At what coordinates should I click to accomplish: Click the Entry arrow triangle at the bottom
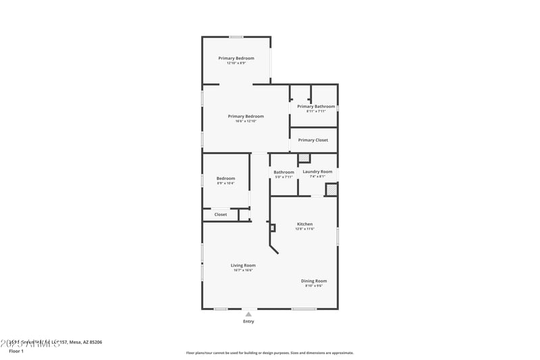tap(248, 314)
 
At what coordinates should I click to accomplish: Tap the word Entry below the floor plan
tap(248, 322)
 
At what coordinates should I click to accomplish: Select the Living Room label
tap(243, 265)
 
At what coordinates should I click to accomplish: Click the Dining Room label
tap(314, 281)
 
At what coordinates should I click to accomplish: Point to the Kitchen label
tap(305, 224)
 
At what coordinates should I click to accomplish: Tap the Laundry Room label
tap(317, 172)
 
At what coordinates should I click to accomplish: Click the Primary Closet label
tap(313, 140)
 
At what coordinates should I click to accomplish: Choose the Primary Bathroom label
tap(316, 106)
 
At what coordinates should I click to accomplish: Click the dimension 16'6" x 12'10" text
tap(246, 122)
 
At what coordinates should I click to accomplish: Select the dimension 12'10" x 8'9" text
tap(236, 63)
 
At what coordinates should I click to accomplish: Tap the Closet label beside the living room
tap(221, 215)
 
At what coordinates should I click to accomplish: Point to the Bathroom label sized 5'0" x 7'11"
tap(283, 172)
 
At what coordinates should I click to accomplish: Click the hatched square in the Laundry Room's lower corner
tap(331, 190)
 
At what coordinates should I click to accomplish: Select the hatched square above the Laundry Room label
tap(304, 158)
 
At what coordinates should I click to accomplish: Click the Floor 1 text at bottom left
tap(16, 351)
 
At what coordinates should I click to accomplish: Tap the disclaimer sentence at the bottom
tap(270, 353)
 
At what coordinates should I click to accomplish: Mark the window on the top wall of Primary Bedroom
tap(236, 36)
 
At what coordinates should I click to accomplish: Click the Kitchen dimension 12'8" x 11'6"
tap(305, 230)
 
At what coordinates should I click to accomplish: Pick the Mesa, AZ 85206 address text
tap(86, 342)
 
